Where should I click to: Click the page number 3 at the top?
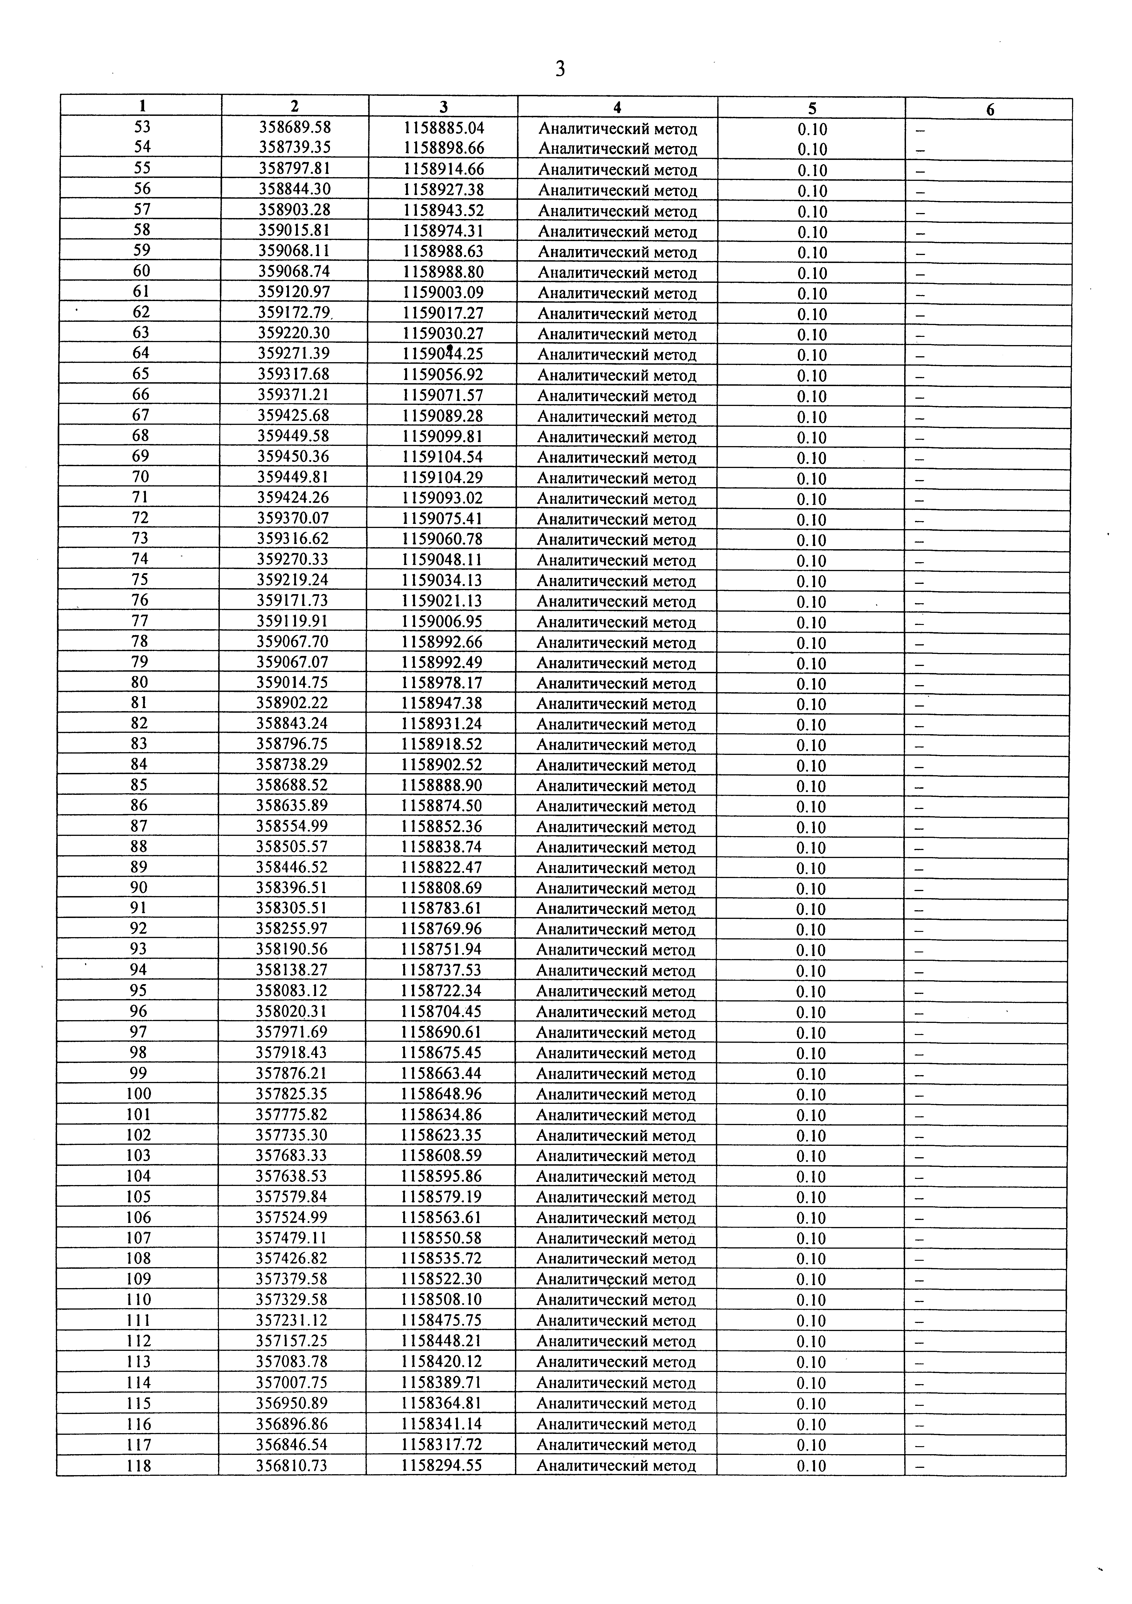[560, 69]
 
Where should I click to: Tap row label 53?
[142, 127]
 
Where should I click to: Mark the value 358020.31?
[291, 1011]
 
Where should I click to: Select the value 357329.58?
[291, 1299]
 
